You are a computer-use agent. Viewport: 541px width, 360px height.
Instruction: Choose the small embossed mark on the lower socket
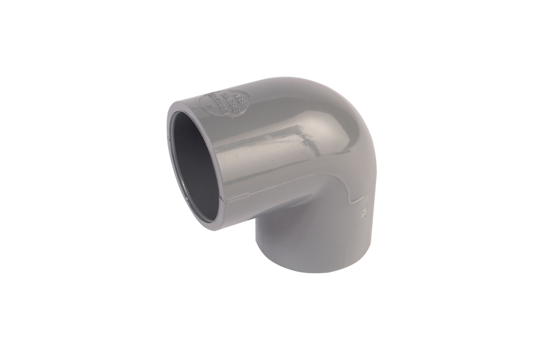[364, 214]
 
